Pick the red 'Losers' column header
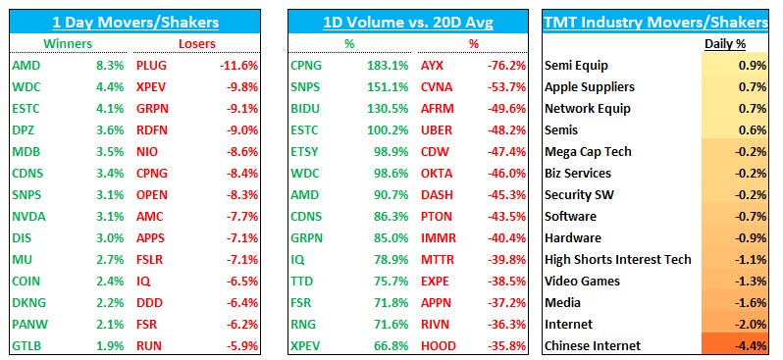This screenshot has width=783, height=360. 199,43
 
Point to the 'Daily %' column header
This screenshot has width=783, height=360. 724,43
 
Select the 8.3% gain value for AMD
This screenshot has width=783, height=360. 110,66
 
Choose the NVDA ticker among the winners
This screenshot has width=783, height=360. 28,216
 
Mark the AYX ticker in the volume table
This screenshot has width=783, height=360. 432,66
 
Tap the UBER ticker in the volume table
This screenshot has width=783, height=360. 436,130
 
